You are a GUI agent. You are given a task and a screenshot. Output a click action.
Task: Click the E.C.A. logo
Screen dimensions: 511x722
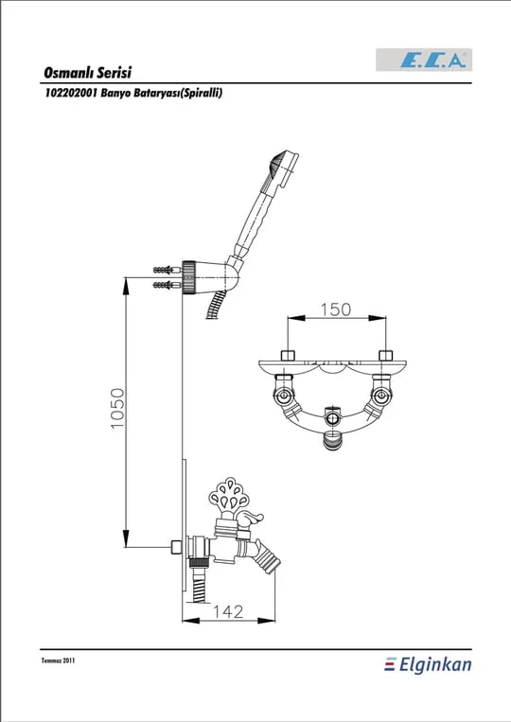(424, 60)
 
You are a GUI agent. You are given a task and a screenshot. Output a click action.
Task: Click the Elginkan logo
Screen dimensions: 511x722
(428, 665)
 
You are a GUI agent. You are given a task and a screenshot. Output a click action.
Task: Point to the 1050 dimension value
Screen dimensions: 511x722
(118, 409)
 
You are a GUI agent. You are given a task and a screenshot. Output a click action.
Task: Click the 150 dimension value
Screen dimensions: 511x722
(336, 309)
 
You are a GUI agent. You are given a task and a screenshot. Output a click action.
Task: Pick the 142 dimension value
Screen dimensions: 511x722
(228, 611)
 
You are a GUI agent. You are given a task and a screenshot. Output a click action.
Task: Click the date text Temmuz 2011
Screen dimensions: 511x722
(58, 660)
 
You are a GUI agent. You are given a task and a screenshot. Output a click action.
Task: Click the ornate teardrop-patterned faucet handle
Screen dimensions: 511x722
(229, 494)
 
